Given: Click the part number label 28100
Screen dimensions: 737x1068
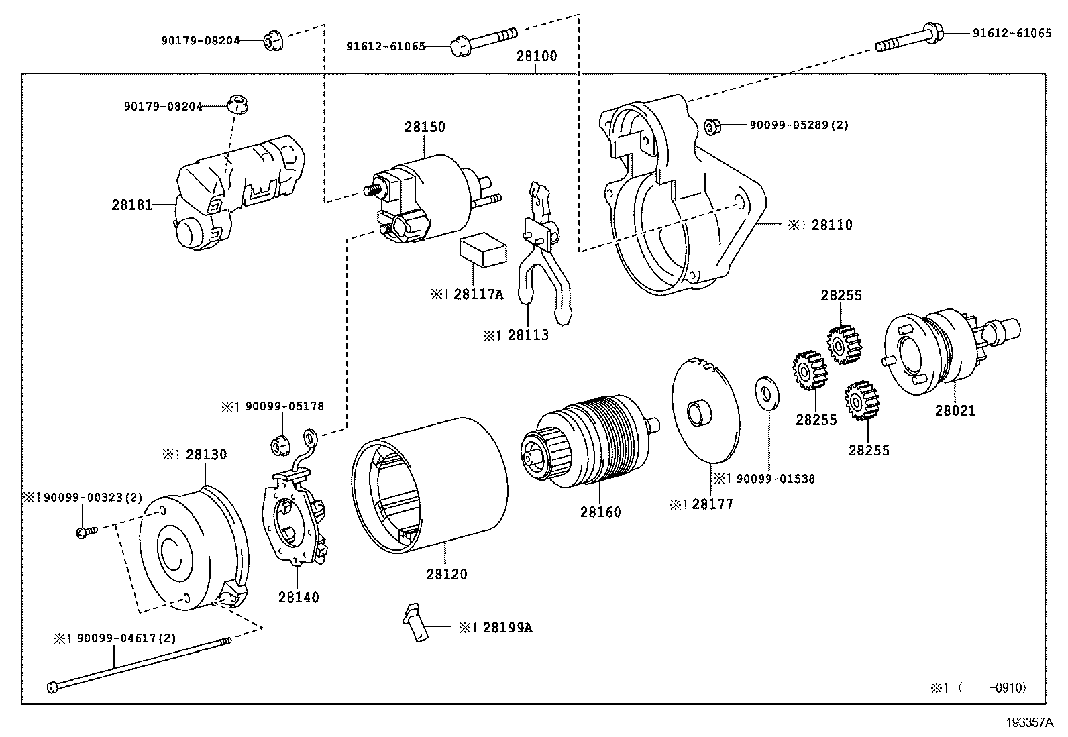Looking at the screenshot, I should point(536,56).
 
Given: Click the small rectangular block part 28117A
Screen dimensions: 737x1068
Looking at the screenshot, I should point(482,251).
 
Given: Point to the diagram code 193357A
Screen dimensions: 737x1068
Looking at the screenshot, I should point(1029,723).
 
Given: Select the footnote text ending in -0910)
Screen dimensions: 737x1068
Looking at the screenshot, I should point(977,687).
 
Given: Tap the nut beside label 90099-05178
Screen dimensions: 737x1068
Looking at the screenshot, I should point(280,443).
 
